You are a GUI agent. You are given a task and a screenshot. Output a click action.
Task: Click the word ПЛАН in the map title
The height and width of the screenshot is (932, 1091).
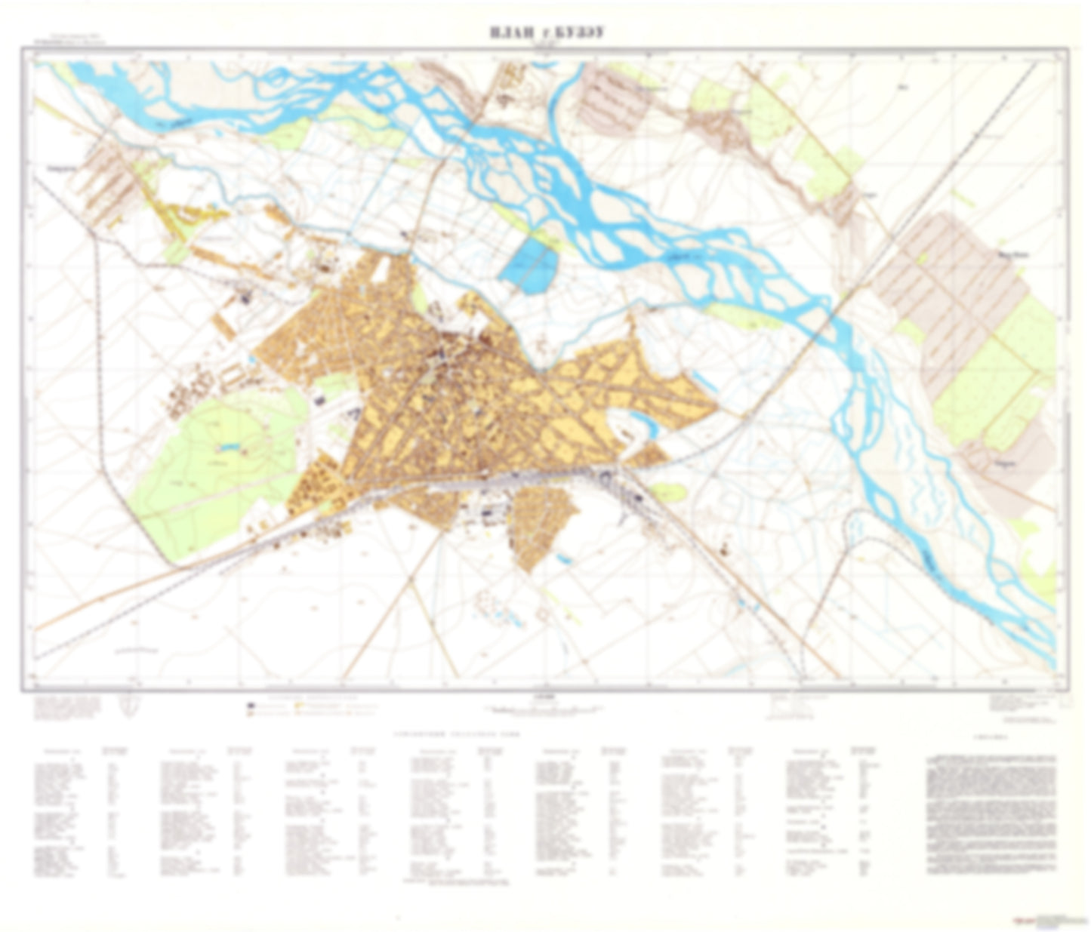tap(514, 32)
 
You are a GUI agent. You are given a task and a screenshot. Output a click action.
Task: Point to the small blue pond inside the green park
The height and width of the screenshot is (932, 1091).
tap(227, 448)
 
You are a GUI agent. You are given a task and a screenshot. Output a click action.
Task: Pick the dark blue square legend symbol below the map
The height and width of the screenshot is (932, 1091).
tap(250, 706)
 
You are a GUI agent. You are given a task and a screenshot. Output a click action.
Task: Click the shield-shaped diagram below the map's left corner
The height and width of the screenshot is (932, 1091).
tap(129, 704)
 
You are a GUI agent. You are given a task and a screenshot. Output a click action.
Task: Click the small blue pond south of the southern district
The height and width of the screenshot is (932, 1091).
tap(563, 559)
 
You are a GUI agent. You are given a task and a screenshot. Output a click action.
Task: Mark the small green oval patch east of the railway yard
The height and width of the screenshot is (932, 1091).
tap(668, 492)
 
